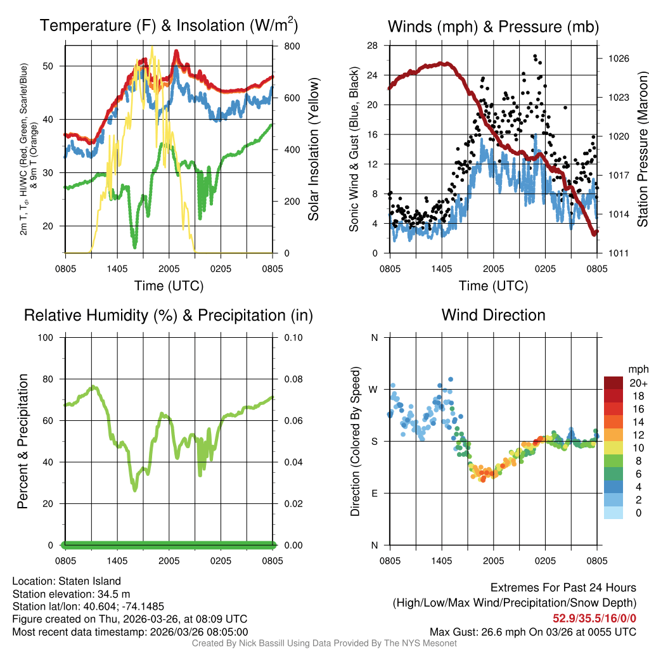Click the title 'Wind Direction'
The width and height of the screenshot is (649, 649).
pyautogui.click(x=493, y=315)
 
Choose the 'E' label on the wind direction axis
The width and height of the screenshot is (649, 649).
pyautogui.click(x=374, y=493)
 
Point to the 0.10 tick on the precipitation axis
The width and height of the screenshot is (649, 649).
pyautogui.click(x=292, y=337)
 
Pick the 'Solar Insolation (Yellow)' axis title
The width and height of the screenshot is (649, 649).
pyautogui.click(x=313, y=150)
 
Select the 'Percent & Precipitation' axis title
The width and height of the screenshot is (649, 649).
pyautogui.click(x=22, y=441)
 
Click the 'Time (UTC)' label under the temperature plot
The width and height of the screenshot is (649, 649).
pyautogui.click(x=169, y=286)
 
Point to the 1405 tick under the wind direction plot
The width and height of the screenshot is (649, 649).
pyautogui.click(x=441, y=561)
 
